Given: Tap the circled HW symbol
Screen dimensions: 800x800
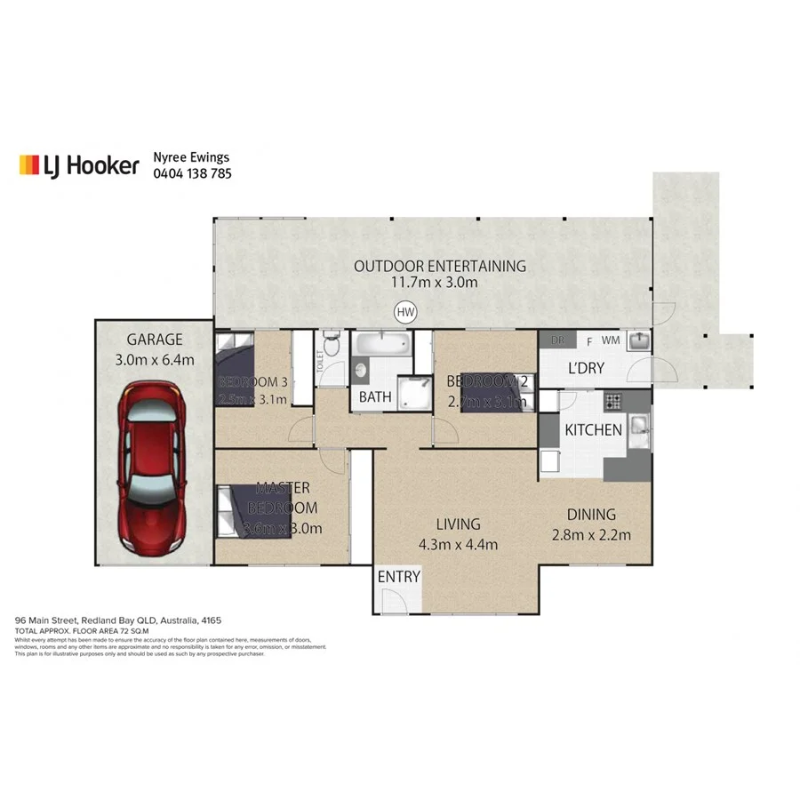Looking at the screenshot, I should [405, 312].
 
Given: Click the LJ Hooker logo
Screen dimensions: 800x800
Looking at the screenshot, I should [80, 165].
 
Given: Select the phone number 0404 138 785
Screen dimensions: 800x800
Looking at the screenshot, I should [193, 174].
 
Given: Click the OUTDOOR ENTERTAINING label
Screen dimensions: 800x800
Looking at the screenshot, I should [439, 266].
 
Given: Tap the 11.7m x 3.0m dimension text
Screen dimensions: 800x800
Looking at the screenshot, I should [435, 284].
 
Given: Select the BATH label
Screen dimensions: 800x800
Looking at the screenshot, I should [375, 397].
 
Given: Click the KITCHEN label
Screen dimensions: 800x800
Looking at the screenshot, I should [593, 430].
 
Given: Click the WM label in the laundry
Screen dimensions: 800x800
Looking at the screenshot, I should [611, 340].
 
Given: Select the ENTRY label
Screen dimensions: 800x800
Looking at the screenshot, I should [398, 577].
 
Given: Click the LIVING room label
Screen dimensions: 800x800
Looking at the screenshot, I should [458, 524].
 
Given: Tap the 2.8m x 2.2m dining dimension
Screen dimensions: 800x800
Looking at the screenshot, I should [591, 534].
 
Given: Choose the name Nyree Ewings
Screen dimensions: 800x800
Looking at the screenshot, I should [193, 157].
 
